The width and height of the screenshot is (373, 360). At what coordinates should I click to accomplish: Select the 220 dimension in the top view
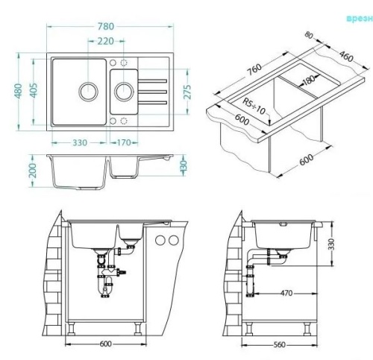(106, 43)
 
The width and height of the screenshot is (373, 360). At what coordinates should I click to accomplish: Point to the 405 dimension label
(34, 92)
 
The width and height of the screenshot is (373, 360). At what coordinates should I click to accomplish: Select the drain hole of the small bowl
(123, 92)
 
